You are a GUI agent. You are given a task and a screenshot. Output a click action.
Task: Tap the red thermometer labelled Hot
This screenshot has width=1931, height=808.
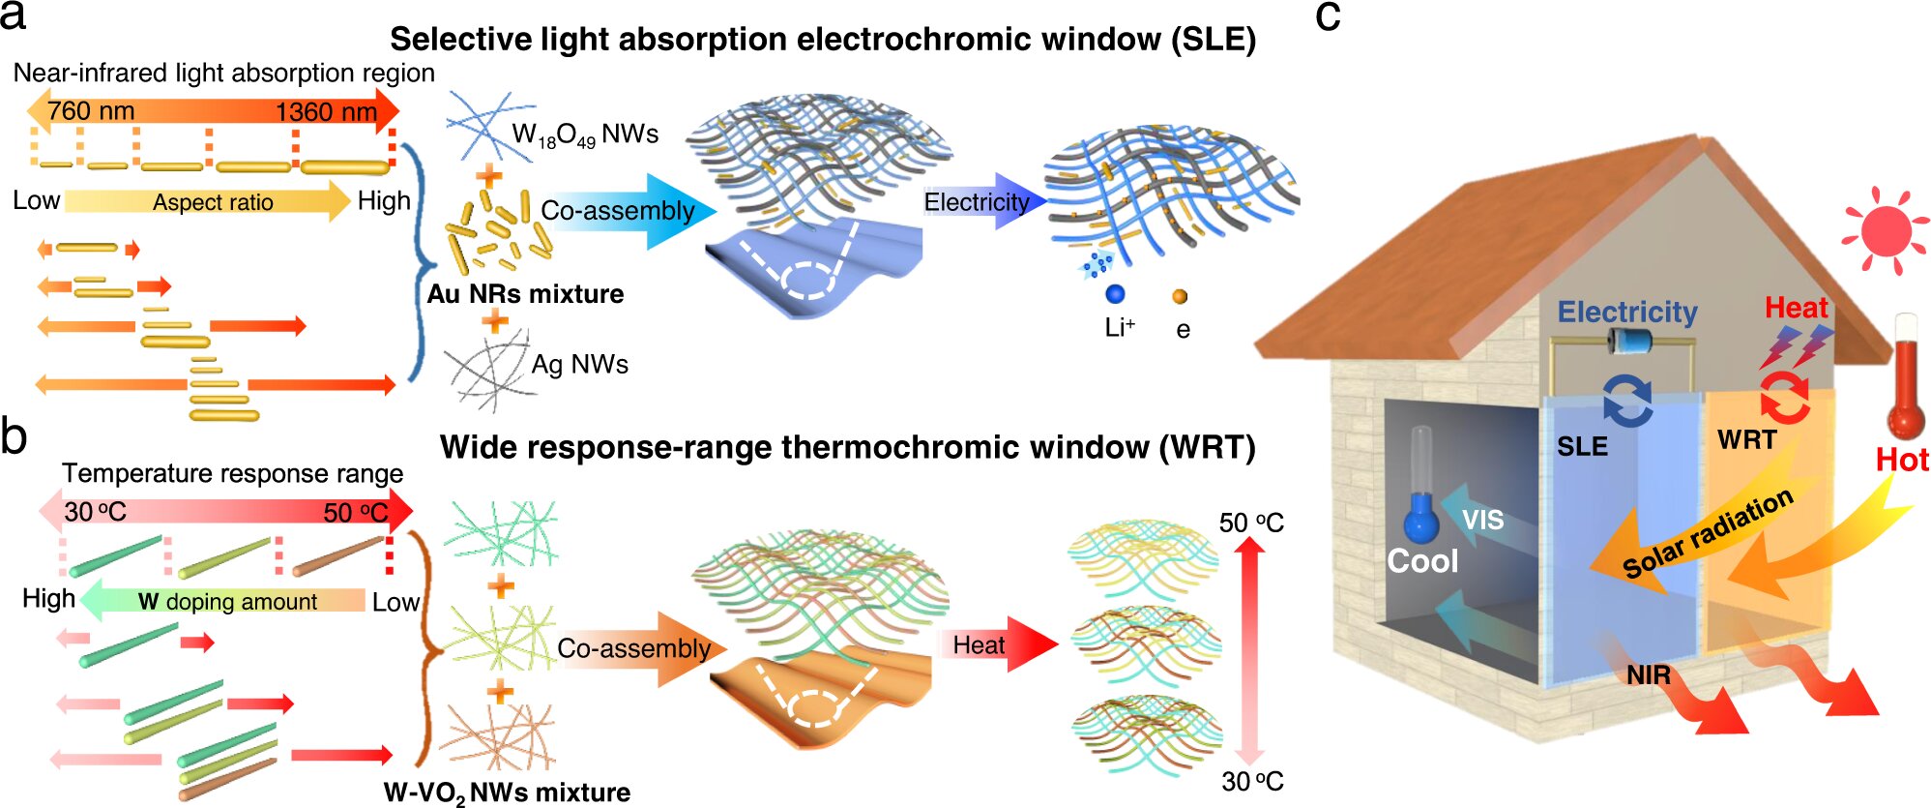pos(1906,382)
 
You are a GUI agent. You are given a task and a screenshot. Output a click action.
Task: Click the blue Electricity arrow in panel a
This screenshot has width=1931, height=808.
pos(984,201)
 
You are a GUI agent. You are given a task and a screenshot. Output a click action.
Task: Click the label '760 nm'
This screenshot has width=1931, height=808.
pos(91,111)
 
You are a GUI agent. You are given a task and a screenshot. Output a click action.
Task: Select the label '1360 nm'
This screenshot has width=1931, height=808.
pos(326,112)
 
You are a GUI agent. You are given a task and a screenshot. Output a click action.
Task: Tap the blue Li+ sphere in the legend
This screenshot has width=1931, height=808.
pos(1115,294)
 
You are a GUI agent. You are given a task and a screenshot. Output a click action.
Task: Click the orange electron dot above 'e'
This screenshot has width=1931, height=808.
pos(1180,297)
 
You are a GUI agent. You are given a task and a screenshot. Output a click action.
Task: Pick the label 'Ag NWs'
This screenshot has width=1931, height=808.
pos(580,365)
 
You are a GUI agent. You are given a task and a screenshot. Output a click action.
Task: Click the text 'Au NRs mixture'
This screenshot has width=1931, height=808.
pos(526,294)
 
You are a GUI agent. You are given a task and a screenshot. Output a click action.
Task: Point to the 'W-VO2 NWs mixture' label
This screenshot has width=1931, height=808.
pos(507,793)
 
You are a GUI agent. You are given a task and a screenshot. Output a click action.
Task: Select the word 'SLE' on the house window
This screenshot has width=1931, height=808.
pos(1582,446)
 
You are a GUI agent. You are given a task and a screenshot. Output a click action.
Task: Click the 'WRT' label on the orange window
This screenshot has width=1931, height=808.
pos(1746,440)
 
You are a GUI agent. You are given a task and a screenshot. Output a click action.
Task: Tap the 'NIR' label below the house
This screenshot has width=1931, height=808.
pos(1648,674)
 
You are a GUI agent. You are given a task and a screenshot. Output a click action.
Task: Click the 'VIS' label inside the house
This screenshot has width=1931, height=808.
pos(1482,521)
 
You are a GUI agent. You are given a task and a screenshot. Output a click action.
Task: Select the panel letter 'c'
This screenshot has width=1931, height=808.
pos(1328,16)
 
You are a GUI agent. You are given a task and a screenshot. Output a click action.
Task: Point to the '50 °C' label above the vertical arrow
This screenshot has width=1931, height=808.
pos(1251,524)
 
